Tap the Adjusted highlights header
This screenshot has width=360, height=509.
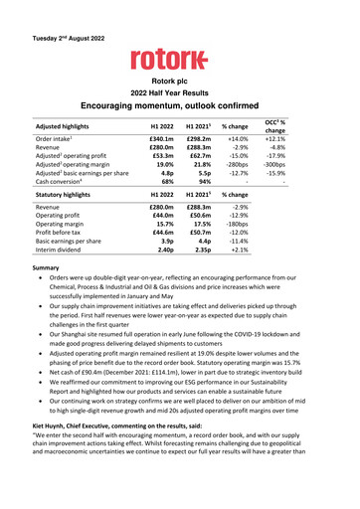(x=68, y=129)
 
